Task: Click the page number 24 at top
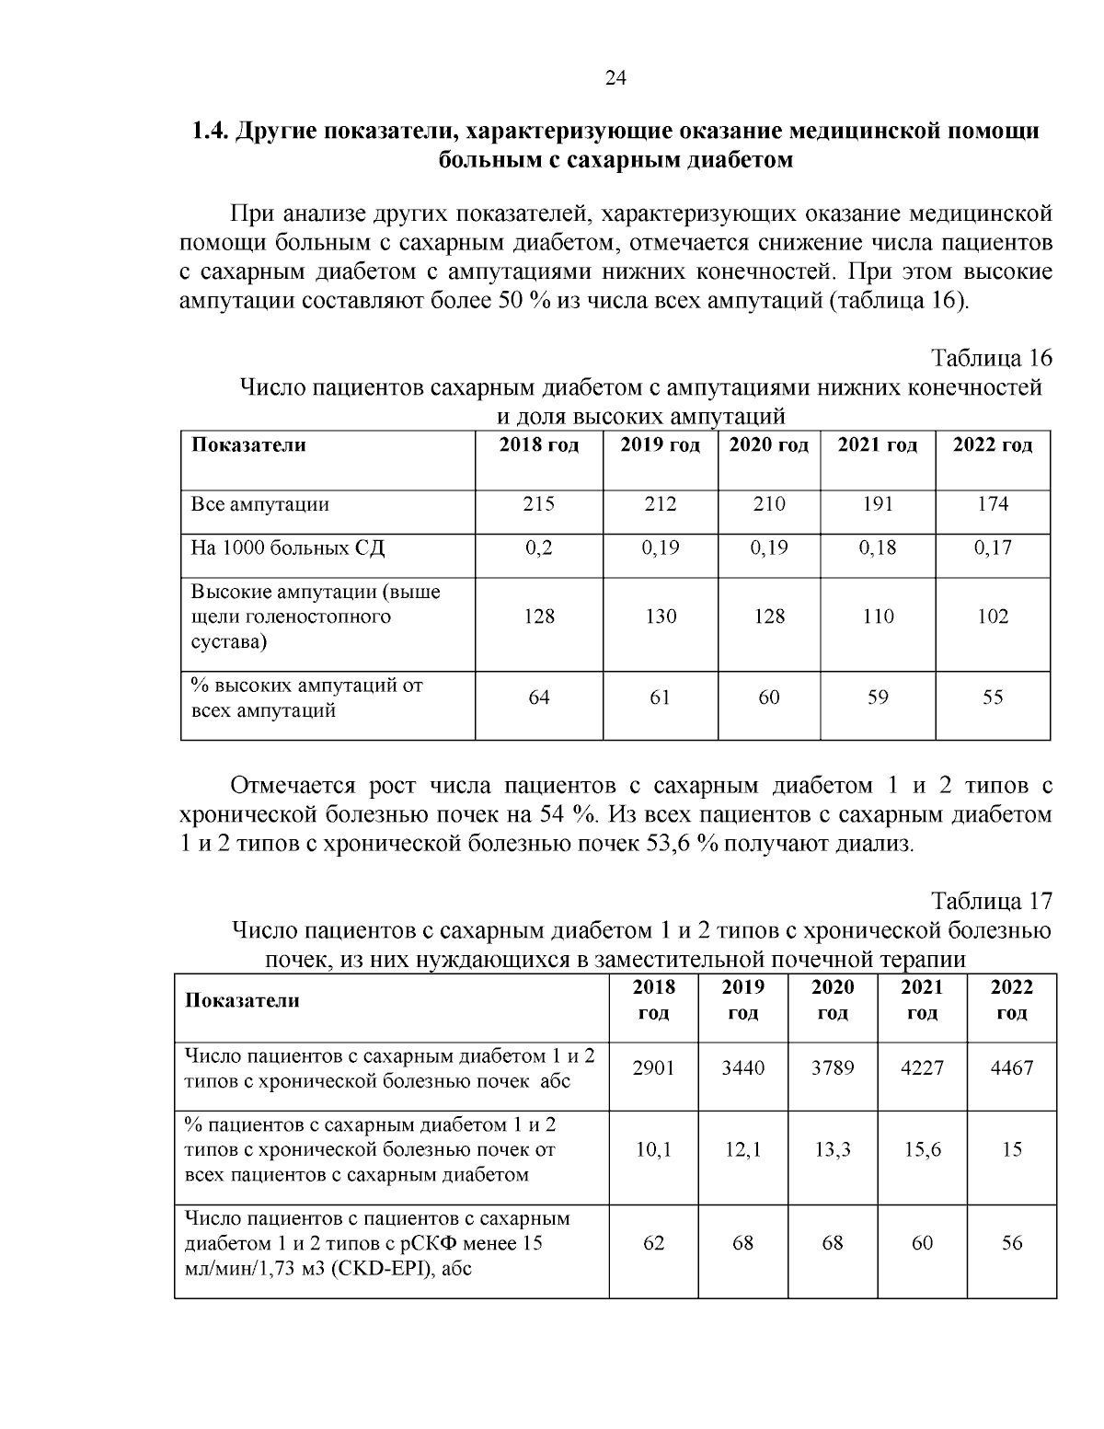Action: click(x=615, y=79)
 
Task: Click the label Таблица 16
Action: click(x=991, y=358)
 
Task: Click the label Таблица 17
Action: click(x=991, y=900)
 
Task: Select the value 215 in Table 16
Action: click(x=539, y=504)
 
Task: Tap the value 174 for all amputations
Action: click(x=993, y=504)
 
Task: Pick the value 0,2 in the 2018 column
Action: click(x=539, y=548)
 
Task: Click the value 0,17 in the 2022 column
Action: click(x=993, y=548)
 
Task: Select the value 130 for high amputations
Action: click(x=661, y=617)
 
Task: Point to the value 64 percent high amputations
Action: click(x=539, y=698)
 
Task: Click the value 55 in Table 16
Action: click(x=993, y=698)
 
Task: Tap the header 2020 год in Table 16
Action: click(x=768, y=446)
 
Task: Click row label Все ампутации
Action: click(x=259, y=504)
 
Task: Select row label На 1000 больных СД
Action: click(x=287, y=548)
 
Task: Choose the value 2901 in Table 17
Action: click(x=653, y=1068)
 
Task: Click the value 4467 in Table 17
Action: click(x=1011, y=1068)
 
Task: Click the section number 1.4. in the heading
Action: click(x=210, y=132)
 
